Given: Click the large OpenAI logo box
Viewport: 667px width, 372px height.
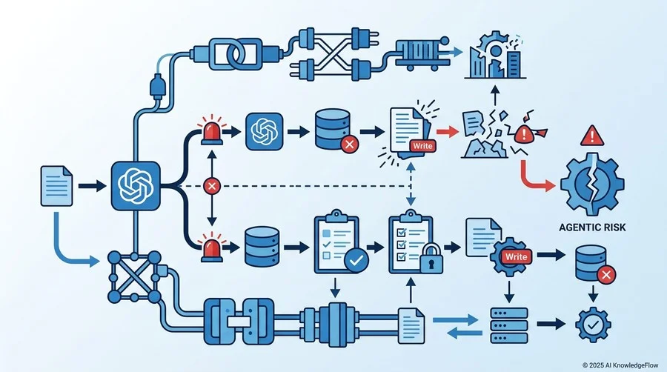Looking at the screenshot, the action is pos(136,186).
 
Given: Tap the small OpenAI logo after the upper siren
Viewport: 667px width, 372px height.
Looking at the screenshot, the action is pos(264,131).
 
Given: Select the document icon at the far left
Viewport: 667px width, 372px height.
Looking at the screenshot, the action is pos(56,186).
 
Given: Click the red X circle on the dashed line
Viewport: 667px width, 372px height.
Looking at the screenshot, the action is pos(212,186).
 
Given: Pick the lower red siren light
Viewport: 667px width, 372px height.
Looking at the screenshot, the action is pos(212,247).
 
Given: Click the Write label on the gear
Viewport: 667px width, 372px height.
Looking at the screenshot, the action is pos(517,257).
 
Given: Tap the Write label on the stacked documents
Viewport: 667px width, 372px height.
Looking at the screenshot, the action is pos(422,146).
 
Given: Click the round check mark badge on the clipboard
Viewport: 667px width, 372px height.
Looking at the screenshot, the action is pos(356,260).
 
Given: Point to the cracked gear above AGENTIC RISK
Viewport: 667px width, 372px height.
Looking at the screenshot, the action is pos(592,184).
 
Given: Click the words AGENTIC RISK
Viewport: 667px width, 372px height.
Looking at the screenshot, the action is pos(592,227).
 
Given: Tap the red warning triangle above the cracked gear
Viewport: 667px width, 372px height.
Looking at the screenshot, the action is pos(591,136).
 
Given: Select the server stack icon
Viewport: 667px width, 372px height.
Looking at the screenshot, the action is pos(509,325).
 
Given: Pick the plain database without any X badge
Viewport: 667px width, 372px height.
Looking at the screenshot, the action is pos(262,247).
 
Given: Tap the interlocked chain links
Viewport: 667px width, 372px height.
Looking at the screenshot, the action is pos(235,54).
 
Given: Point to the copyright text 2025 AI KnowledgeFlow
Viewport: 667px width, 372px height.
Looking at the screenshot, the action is pos(620,365).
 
